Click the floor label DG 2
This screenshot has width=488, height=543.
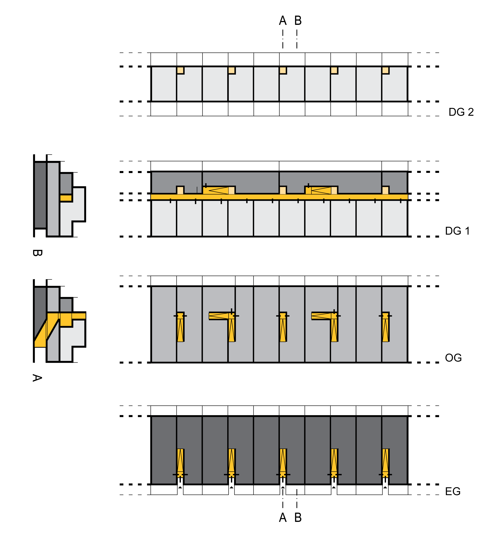(461, 112)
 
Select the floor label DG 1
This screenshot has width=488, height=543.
(457, 231)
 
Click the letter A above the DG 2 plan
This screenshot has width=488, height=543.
(283, 21)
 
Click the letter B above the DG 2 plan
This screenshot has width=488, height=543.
(298, 21)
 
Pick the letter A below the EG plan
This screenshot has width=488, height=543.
(283, 517)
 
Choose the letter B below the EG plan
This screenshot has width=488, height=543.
(298, 517)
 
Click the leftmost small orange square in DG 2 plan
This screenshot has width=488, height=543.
(180, 70)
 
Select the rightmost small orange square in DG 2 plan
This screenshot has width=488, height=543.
(385, 70)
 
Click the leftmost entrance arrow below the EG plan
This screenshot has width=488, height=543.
(180, 487)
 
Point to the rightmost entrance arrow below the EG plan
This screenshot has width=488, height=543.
(385, 487)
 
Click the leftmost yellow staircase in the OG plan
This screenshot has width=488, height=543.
(180, 327)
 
